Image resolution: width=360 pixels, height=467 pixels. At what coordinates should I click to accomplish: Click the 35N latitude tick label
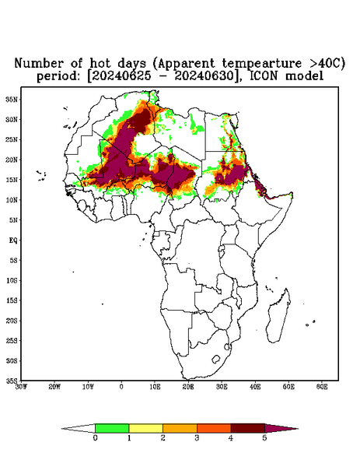click(12, 99)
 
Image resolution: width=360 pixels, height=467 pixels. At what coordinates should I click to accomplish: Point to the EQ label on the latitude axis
click(13, 240)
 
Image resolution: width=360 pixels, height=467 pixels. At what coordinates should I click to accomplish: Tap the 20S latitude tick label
click(12, 321)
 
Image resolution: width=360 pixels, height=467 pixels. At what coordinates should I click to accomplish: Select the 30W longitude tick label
click(21, 387)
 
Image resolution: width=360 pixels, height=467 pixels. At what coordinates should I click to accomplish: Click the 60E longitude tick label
click(322, 387)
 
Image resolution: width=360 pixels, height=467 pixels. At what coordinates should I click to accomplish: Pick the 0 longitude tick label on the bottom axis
click(121, 387)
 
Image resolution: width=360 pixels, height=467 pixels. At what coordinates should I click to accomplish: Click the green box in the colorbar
click(112, 428)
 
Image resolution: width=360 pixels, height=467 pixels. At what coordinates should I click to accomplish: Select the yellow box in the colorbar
click(145, 428)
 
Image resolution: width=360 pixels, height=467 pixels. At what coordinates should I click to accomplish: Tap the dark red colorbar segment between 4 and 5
click(248, 428)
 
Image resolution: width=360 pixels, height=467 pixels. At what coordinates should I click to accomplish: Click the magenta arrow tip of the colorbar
click(298, 429)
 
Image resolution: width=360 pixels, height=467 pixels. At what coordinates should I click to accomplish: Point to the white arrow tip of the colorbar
click(61, 429)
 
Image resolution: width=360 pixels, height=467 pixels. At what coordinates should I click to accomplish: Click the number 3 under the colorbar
click(197, 438)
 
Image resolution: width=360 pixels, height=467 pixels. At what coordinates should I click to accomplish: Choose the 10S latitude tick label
click(12, 280)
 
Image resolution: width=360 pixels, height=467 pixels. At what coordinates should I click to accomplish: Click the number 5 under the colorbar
click(264, 438)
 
